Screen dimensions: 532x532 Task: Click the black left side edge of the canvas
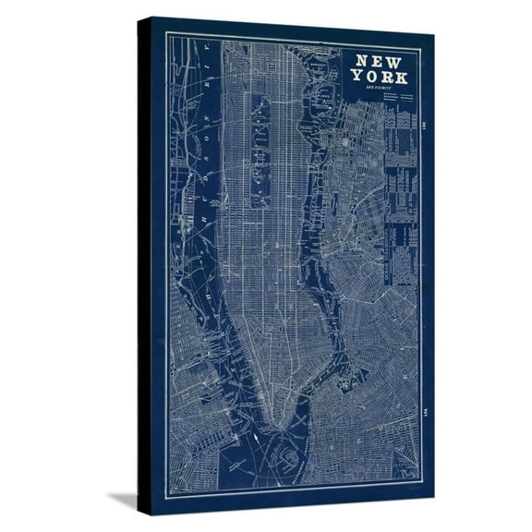tap(144, 268)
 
